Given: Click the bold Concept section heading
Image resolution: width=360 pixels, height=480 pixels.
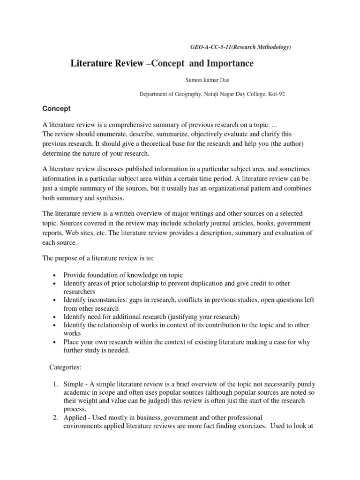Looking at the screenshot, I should (x=56, y=108).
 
